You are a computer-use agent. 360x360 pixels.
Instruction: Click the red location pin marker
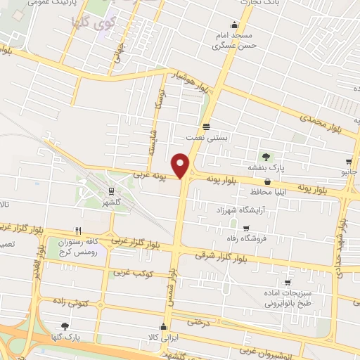(x=181, y=165)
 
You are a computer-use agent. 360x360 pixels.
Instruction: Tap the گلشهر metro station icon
(x=111, y=191)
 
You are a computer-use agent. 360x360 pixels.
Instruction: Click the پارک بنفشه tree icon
(x=266, y=156)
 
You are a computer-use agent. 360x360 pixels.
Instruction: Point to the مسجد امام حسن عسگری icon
(x=234, y=25)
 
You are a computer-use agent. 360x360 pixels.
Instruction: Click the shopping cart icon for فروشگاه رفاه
(x=245, y=228)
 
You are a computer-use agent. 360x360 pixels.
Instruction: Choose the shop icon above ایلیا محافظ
(x=267, y=181)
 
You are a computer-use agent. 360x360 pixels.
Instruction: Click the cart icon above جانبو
(x=349, y=162)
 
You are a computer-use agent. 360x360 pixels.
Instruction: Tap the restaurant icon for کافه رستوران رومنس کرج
(x=79, y=231)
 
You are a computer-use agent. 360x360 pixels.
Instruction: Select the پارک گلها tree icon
(x=65, y=326)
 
